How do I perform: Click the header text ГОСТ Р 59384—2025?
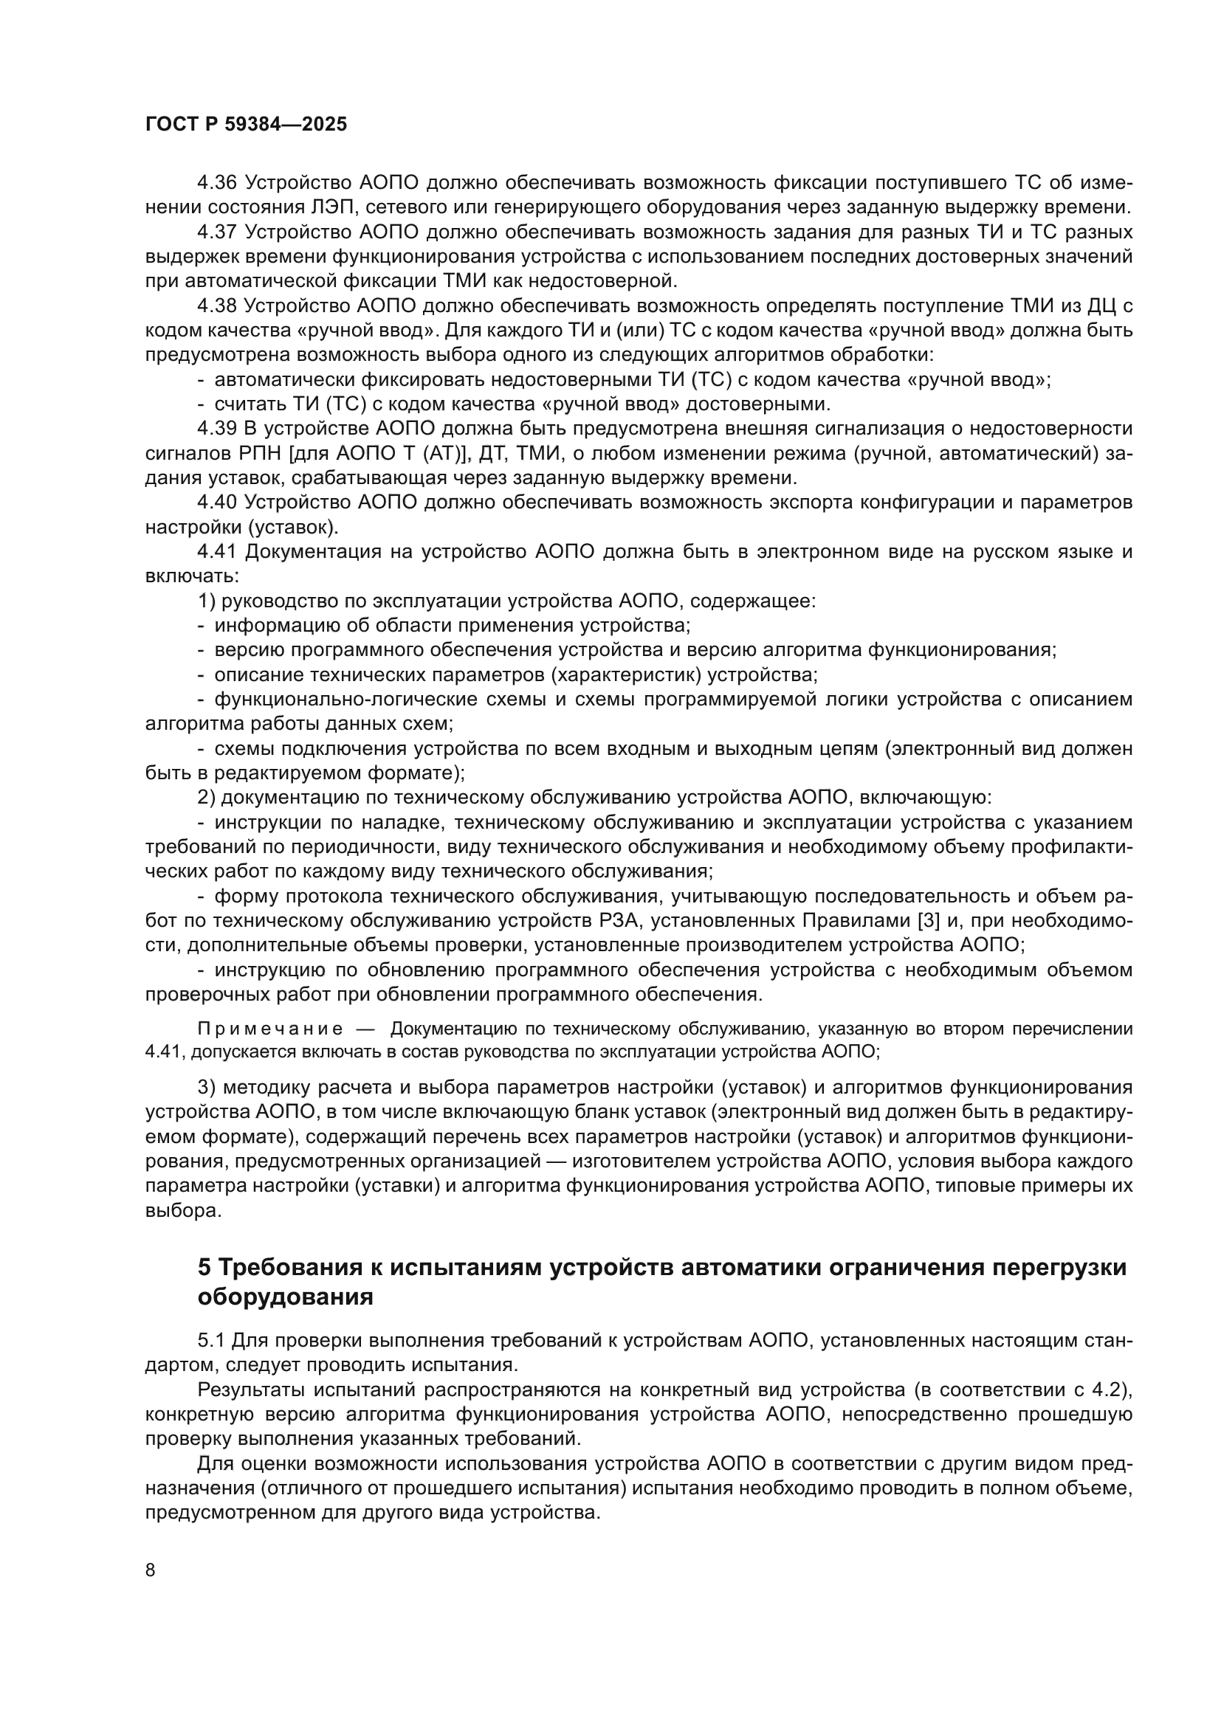246,125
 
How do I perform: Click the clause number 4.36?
216,183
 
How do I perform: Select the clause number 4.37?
216,232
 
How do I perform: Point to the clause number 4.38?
216,305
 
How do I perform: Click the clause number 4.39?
216,429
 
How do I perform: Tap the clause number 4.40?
216,503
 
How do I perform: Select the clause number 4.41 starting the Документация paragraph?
216,552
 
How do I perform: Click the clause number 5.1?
211,1340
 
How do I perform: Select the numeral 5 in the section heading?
204,1268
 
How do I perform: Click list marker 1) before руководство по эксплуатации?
206,601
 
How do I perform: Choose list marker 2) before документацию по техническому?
206,798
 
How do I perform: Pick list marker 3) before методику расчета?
206,1088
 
